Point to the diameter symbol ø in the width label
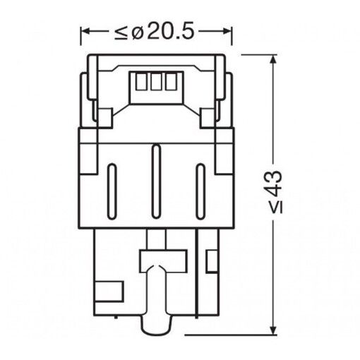click(x=136, y=31)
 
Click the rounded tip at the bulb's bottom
click(x=157, y=326)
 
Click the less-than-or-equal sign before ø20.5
click(x=121, y=31)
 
